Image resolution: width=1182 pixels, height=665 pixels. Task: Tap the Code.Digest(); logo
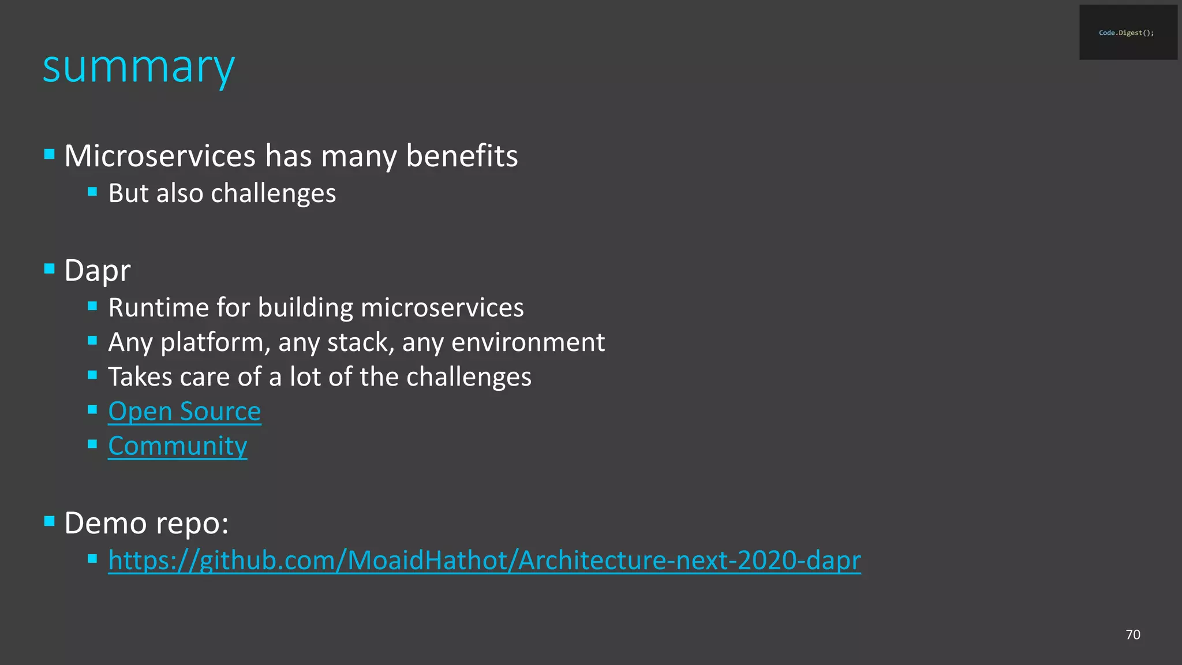tap(1127, 33)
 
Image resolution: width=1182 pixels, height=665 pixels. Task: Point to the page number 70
tap(1133, 634)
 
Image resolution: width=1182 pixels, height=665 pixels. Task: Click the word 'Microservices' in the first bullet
tap(160, 156)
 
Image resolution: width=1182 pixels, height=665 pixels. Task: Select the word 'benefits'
tap(462, 156)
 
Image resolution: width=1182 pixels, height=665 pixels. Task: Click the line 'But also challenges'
tap(222, 193)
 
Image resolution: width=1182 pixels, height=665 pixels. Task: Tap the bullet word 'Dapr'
tap(98, 270)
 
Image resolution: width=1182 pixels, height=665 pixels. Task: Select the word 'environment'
tap(528, 342)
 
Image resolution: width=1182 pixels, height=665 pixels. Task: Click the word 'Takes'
tap(140, 377)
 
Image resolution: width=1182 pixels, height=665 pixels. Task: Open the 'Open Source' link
tap(185, 412)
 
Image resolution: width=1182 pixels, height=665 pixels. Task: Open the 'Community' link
tap(178, 446)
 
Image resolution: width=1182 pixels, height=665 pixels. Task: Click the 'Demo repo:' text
tap(147, 523)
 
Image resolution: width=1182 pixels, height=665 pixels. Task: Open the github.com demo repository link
tap(484, 561)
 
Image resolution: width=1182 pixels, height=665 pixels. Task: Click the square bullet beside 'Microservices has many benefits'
tap(50, 154)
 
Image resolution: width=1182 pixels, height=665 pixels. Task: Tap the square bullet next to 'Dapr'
tap(50, 268)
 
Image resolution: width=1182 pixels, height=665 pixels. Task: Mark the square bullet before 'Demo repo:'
tap(50, 521)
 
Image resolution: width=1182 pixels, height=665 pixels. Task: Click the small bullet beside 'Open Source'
tap(92, 410)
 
